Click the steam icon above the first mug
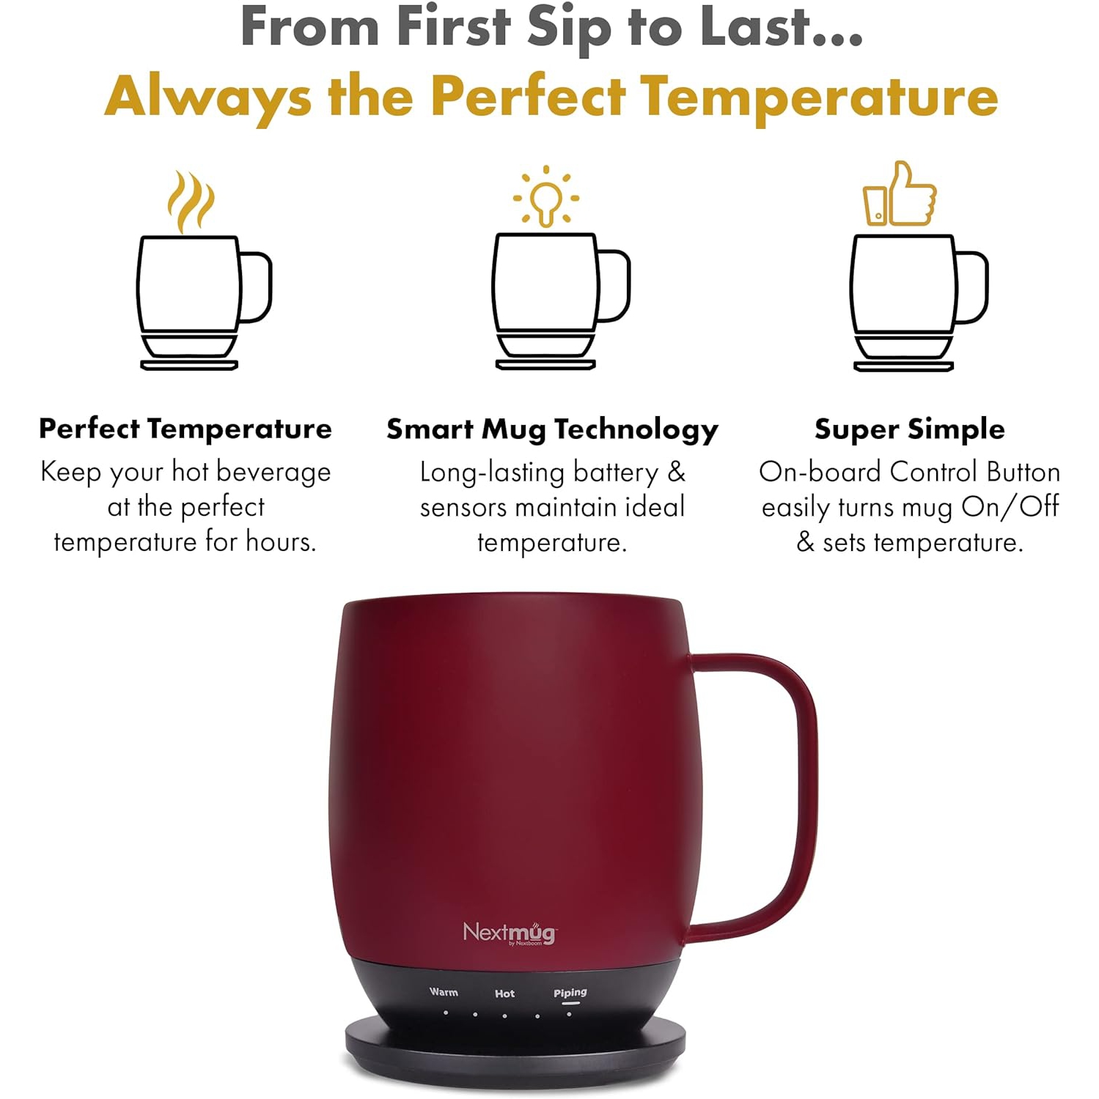(190, 201)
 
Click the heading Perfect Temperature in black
(185, 429)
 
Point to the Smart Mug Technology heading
(552, 429)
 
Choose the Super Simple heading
(909, 429)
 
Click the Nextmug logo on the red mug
(510, 933)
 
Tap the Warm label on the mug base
(444, 992)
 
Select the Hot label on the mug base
(504, 993)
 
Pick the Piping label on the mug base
(570, 993)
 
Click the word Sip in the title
(569, 28)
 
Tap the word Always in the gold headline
(208, 97)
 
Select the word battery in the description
(616, 473)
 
